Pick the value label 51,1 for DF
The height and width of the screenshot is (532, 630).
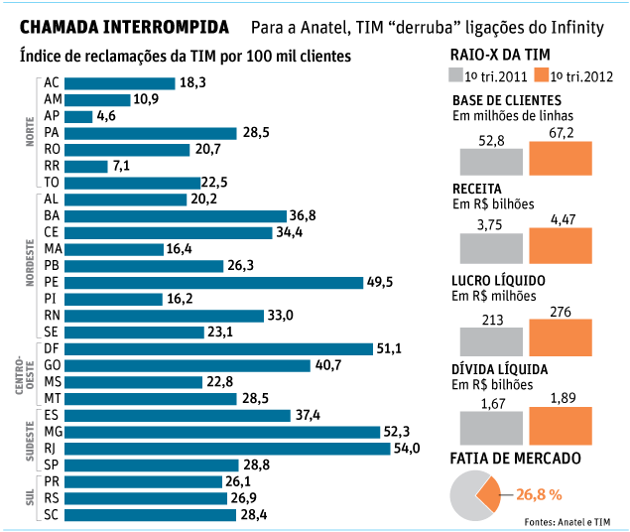point(390,348)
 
